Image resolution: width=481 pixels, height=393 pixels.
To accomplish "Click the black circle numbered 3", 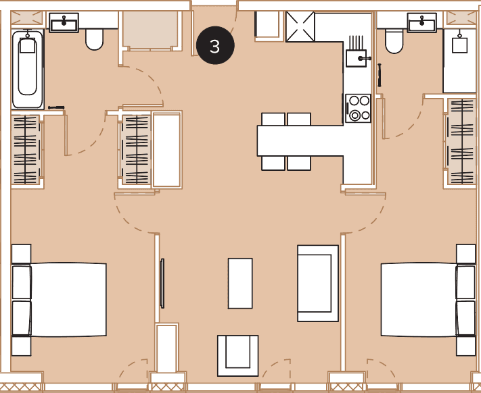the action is pyautogui.click(x=215, y=45).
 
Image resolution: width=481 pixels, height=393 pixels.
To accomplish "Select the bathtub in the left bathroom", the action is pyautogui.click(x=28, y=69).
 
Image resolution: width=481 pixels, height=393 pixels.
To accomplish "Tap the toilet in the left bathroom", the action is pyautogui.click(x=94, y=39).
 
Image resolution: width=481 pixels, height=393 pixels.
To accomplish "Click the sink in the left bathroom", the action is pyautogui.click(x=64, y=23).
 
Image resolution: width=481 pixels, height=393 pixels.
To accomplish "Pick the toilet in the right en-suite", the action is pyautogui.click(x=394, y=41).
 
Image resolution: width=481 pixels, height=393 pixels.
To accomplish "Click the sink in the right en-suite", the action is pyautogui.click(x=421, y=22).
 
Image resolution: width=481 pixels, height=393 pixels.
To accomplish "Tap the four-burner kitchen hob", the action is pyautogui.click(x=358, y=108).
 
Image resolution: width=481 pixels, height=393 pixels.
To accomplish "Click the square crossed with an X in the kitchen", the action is pyautogui.click(x=300, y=26).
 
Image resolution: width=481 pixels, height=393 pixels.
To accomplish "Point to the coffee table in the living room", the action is pyautogui.click(x=240, y=284).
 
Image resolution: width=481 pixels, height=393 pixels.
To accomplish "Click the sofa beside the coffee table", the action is pyautogui.click(x=318, y=283).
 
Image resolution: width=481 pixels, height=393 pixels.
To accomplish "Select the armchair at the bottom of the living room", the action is pyautogui.click(x=237, y=356).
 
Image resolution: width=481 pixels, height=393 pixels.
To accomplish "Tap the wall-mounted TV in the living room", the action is pyautogui.click(x=162, y=283).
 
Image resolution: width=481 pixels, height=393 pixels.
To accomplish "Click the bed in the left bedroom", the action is pyautogui.click(x=60, y=300).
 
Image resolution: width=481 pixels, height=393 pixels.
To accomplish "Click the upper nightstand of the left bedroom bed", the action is pyautogui.click(x=21, y=254).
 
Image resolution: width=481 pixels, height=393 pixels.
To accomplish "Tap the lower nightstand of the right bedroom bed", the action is pyautogui.click(x=465, y=346).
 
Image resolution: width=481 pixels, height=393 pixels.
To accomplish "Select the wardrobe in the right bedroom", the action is pyautogui.click(x=462, y=141).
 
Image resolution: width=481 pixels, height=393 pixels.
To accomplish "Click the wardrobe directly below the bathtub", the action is pyautogui.click(x=26, y=150).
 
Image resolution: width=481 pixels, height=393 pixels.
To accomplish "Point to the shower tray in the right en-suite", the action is pyautogui.click(x=459, y=61).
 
